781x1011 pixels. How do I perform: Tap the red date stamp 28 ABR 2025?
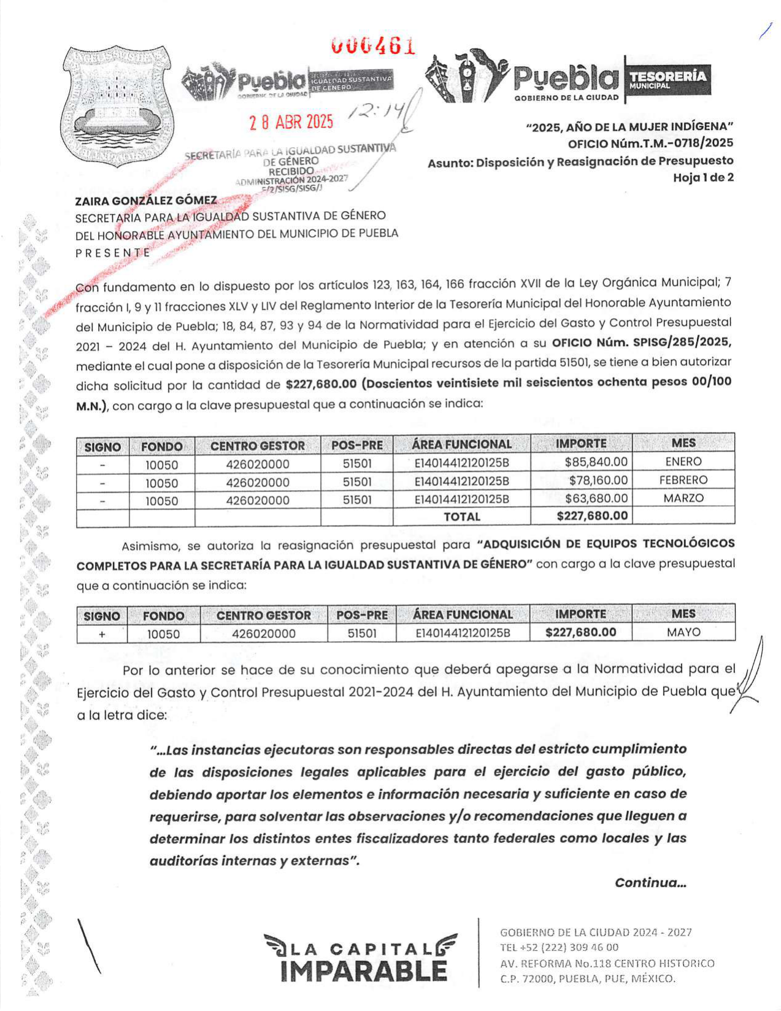coord(291,122)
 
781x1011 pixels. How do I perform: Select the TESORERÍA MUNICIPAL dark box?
coord(668,80)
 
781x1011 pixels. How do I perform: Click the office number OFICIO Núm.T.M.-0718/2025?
coord(650,144)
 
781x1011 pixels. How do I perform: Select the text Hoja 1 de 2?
coord(703,178)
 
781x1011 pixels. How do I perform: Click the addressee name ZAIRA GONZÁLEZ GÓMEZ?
coord(146,201)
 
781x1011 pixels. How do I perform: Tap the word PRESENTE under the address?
coord(113,253)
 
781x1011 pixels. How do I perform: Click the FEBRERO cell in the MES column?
coord(683,480)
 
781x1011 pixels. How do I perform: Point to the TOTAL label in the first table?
coord(461,517)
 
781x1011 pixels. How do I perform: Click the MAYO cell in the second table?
coord(683,632)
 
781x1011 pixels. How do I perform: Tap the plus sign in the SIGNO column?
coord(102,634)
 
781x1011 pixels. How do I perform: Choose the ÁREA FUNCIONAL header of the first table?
coord(461,444)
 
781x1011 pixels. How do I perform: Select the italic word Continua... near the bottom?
coord(650,883)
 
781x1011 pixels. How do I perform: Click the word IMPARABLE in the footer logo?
coord(364,971)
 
